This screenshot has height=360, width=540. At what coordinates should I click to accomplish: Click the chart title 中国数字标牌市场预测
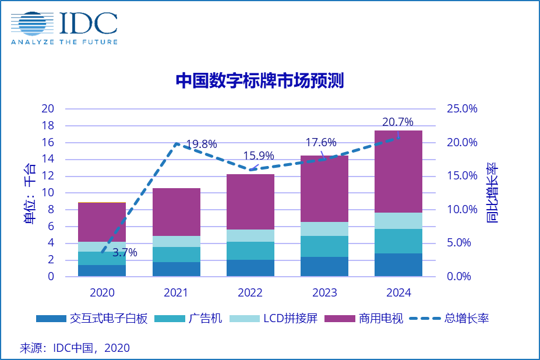point(260,80)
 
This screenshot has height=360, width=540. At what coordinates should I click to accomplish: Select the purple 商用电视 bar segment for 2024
point(398,171)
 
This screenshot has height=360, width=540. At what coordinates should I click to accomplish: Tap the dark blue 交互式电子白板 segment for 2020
point(102,270)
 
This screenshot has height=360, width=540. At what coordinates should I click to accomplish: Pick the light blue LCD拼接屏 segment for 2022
point(250,235)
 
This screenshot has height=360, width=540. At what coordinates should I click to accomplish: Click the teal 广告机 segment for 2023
point(324,246)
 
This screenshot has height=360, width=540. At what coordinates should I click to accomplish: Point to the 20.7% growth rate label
point(398,122)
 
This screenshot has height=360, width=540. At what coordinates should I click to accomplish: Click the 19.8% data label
point(202,144)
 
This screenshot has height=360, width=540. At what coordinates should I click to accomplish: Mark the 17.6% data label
point(321,143)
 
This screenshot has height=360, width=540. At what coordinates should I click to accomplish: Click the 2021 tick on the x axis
point(176,292)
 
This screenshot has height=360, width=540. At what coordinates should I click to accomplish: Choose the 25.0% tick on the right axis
point(461,109)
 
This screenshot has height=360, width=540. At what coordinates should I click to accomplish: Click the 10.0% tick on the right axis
point(461,210)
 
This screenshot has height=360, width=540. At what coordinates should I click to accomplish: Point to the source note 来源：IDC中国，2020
point(75,348)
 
